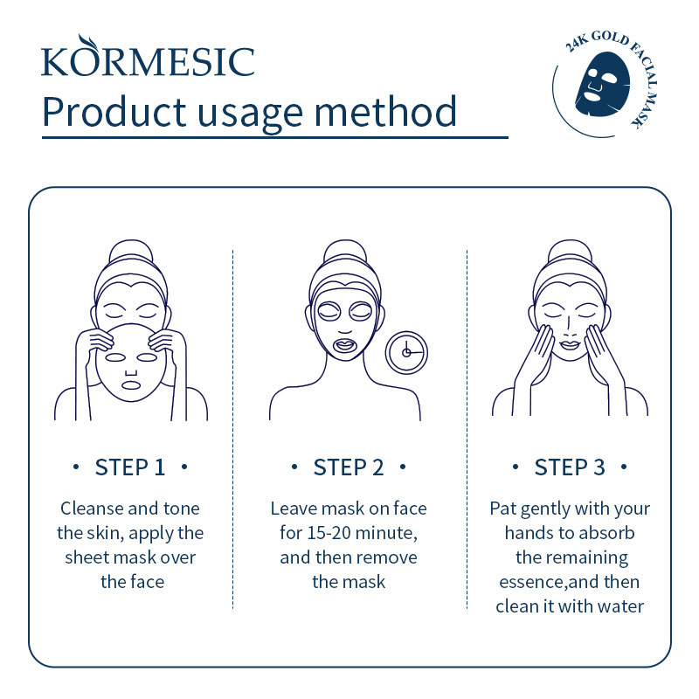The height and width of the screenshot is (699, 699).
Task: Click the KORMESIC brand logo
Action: coord(148,57)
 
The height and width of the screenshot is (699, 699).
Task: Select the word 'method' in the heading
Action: coord(385,112)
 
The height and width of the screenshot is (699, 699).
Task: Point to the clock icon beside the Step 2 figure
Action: coord(406,352)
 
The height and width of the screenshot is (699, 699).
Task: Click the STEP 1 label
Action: coord(130,467)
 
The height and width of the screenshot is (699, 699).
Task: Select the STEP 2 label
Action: coord(349,467)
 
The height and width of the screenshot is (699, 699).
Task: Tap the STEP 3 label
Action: coord(570,467)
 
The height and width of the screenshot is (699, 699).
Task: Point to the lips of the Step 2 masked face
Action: coord(345,345)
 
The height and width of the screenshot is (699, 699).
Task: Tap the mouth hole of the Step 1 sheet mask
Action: coord(131,384)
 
